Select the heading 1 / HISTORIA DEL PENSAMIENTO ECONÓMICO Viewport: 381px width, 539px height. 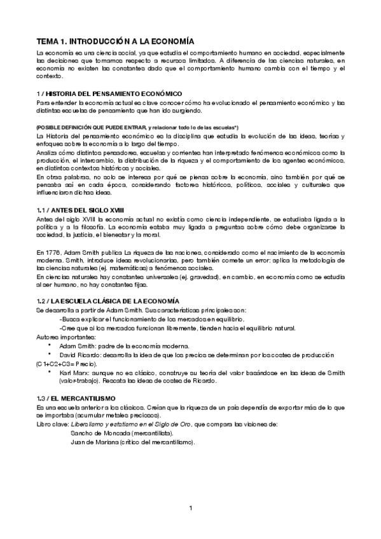(109, 93)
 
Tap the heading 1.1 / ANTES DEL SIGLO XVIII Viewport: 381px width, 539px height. (80, 209)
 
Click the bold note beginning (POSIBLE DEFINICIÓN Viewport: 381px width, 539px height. (137, 128)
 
